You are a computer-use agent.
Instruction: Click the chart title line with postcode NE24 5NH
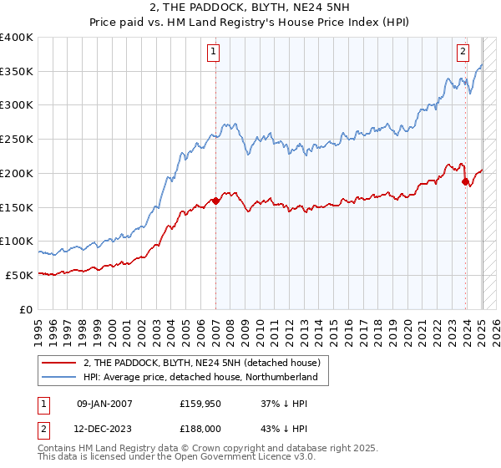click(x=250, y=9)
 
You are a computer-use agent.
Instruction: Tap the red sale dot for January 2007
click(x=215, y=201)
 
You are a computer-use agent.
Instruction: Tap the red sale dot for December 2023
click(x=465, y=181)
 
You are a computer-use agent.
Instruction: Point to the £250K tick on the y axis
click(x=18, y=139)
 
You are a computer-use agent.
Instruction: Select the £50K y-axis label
click(x=20, y=275)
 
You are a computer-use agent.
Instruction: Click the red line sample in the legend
click(x=60, y=363)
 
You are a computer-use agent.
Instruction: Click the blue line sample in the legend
click(x=60, y=378)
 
